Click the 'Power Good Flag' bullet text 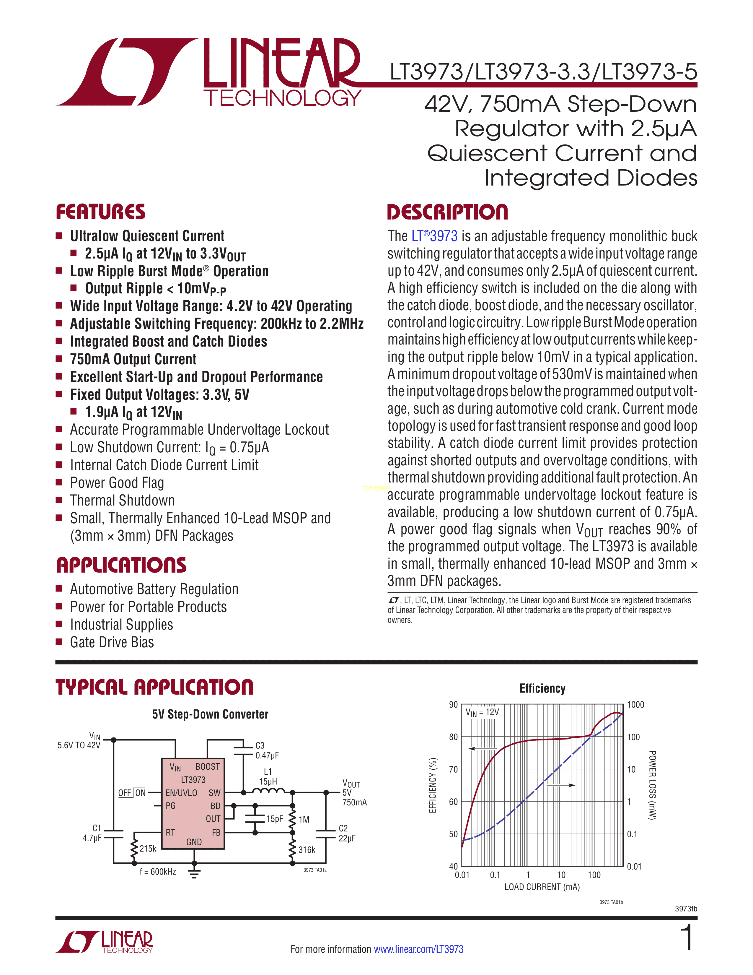click(117, 482)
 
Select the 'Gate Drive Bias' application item click(112, 642)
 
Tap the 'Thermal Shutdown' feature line click(122, 500)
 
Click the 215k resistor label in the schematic click(148, 849)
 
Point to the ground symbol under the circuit click(194, 873)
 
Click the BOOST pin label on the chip click(207, 766)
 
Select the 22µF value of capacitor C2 click(347, 838)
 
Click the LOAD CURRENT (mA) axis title click(542, 887)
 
